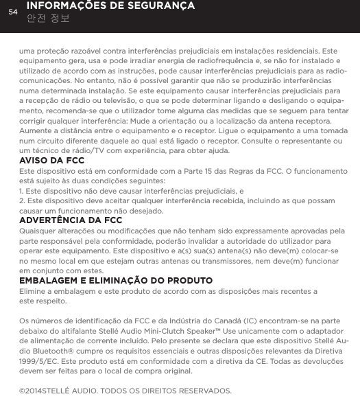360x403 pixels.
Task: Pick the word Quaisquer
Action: click(42, 231)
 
